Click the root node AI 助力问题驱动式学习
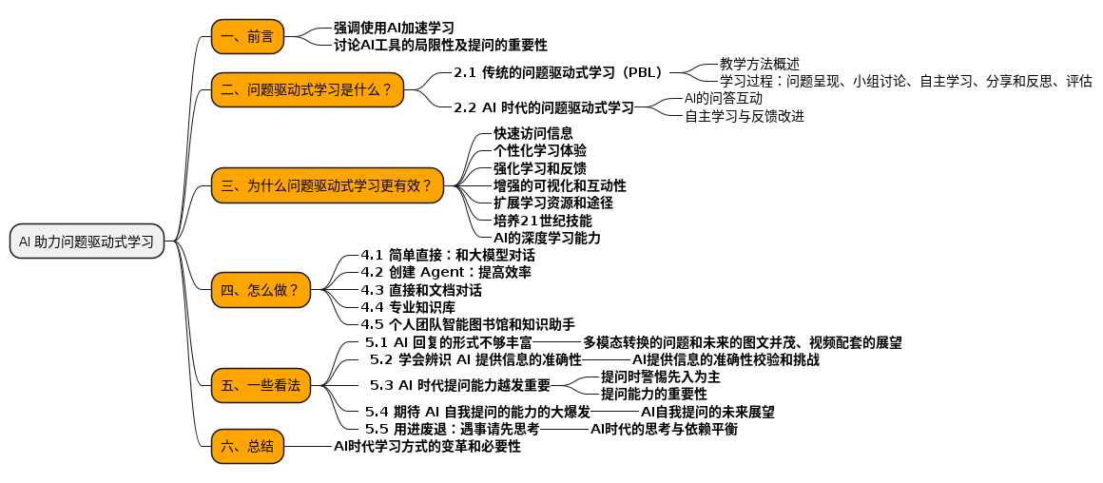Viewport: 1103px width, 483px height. [x=87, y=241]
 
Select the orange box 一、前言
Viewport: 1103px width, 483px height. [x=247, y=36]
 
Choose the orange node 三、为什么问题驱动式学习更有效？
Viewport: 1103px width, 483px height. [x=327, y=185]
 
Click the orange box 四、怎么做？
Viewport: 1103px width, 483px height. [x=261, y=290]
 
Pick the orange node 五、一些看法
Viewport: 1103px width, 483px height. [x=261, y=385]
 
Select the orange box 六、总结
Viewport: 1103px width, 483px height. [x=247, y=446]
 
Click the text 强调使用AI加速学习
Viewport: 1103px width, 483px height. [x=394, y=28]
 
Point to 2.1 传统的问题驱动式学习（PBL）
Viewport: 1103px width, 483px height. [x=558, y=72]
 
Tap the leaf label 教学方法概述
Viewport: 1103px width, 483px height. [x=760, y=64]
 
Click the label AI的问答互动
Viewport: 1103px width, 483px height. [x=723, y=98]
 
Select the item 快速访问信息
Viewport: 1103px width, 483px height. [x=532, y=133]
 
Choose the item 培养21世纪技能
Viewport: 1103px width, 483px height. [x=542, y=221]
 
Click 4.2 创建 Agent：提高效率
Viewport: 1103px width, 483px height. [x=446, y=272]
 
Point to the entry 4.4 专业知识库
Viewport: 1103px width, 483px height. [x=408, y=307]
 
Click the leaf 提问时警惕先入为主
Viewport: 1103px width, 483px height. [x=660, y=377]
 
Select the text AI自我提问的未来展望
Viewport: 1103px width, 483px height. [x=707, y=412]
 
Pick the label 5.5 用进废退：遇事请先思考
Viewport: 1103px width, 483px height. [x=453, y=429]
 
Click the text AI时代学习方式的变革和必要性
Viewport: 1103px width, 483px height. [x=427, y=446]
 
